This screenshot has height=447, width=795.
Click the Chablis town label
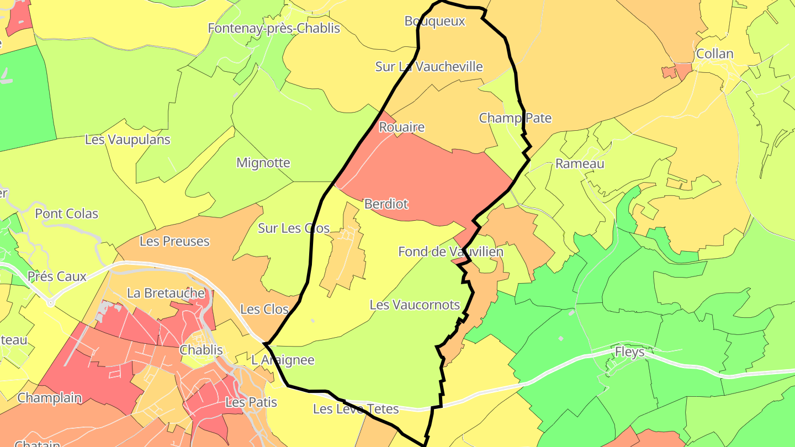[x=202, y=350]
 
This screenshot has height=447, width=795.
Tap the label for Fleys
[x=630, y=352]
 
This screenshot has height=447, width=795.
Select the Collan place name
[x=715, y=54]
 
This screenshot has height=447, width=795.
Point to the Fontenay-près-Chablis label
[x=274, y=28]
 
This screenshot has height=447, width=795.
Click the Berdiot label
[x=386, y=204]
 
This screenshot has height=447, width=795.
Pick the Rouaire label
[x=402, y=127]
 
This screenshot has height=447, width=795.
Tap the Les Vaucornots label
[x=415, y=305]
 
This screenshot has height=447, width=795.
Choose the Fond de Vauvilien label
[x=451, y=252]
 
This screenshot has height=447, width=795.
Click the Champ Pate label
[x=515, y=118]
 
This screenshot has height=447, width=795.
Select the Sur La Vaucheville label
[x=429, y=67]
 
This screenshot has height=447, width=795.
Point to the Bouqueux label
[x=435, y=22]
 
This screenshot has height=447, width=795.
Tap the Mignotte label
[x=263, y=163]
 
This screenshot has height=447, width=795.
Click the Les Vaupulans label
[x=128, y=140]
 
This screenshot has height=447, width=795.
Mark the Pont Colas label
[x=67, y=214]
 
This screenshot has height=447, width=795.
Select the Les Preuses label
[x=174, y=241]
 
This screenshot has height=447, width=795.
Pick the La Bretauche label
[x=166, y=293]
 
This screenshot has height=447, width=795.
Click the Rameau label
[x=580, y=164]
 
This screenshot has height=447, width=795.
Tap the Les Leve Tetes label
[x=356, y=409]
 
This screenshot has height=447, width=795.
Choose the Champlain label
[x=50, y=398]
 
